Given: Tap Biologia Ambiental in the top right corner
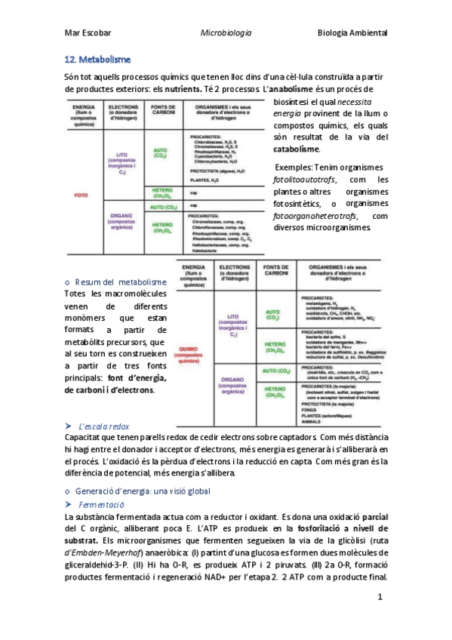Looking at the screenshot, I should [352, 33].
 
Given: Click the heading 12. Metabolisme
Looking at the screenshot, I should [99, 59].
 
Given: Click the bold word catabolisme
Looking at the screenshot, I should [296, 149].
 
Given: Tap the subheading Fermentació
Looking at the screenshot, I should [100, 503].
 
